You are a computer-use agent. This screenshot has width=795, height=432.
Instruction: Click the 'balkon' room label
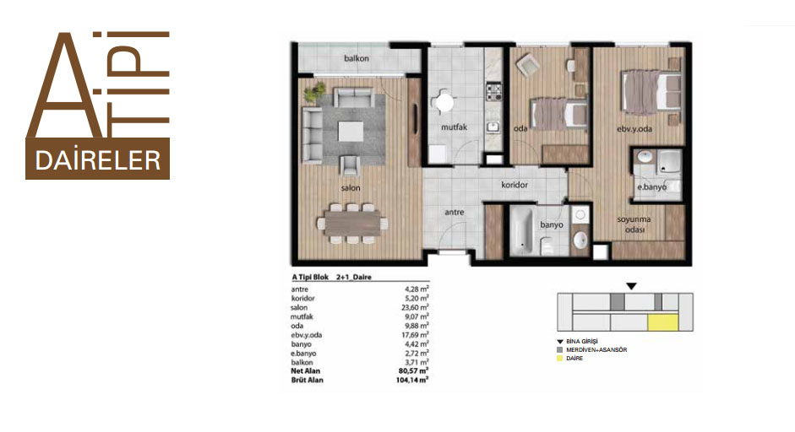pyautogui.click(x=357, y=58)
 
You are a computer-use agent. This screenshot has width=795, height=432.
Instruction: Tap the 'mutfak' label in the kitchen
pyautogui.click(x=454, y=127)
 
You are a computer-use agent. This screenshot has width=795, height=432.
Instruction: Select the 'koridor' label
pyautogui.click(x=515, y=185)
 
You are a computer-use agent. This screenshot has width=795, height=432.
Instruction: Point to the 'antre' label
pyautogui.click(x=455, y=212)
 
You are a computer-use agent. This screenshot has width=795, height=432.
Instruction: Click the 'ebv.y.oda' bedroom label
pyautogui.click(x=634, y=129)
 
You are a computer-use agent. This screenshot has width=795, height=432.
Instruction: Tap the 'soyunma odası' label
pyautogui.click(x=634, y=224)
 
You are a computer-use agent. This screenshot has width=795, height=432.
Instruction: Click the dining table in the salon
pyautogui.click(x=353, y=224)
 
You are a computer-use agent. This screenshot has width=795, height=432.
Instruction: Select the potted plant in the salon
pyautogui.click(x=314, y=92)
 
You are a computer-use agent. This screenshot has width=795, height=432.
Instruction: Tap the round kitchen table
pyautogui.click(x=444, y=103)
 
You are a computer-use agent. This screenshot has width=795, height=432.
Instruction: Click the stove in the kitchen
pyautogui.click(x=493, y=92)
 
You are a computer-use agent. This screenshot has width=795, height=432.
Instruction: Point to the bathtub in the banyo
pyautogui.click(x=521, y=230)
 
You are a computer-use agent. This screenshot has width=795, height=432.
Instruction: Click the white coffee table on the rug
pyautogui.click(x=351, y=131)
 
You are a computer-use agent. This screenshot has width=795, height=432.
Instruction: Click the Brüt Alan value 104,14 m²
pyautogui.click(x=411, y=380)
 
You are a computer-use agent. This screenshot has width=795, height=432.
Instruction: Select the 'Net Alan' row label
pyautogui.click(x=305, y=370)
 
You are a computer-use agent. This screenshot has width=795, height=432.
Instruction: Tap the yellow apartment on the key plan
pyautogui.click(x=662, y=322)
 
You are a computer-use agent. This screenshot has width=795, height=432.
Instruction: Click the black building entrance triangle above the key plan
pyautogui.click(x=631, y=287)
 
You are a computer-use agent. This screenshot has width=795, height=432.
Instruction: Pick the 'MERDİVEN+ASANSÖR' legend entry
pyautogui.click(x=596, y=349)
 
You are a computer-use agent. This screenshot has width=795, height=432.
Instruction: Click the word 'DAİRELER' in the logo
pyautogui.click(x=98, y=160)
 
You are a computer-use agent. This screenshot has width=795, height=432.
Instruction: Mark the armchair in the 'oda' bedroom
pyautogui.click(x=527, y=64)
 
